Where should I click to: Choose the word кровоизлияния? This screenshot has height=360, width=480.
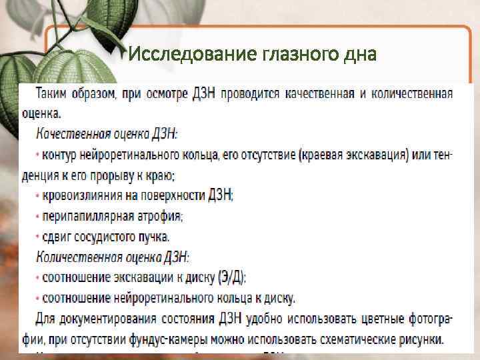[x=82, y=196]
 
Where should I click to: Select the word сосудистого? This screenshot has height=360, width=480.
[x=102, y=237]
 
